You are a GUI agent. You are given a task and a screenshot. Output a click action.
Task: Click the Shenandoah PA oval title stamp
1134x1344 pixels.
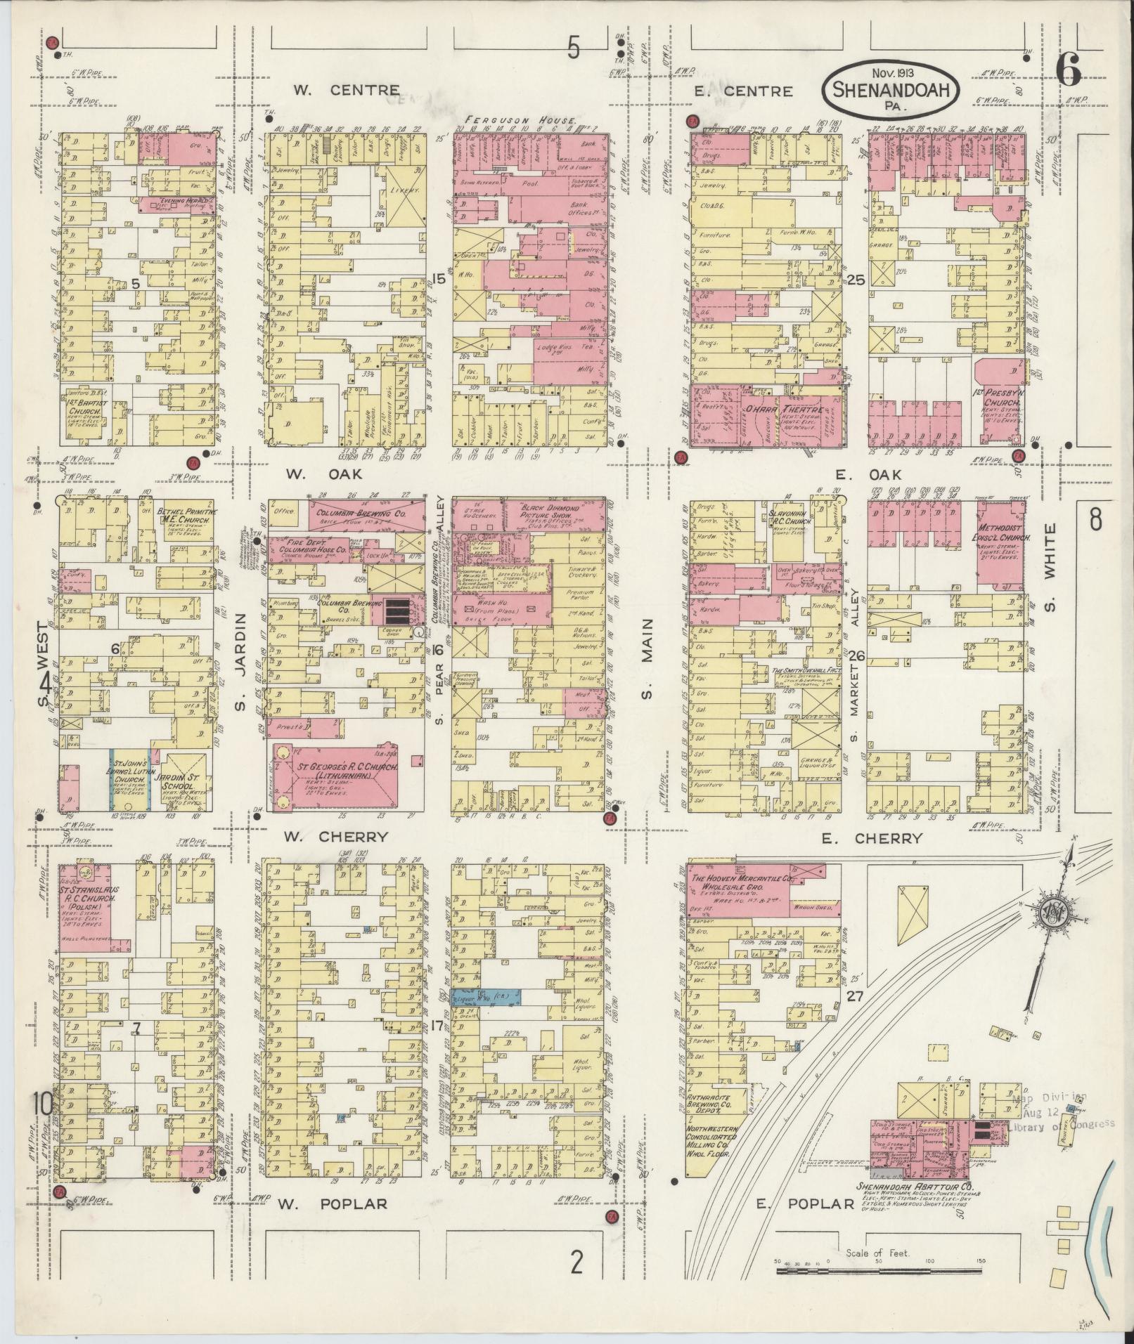890,89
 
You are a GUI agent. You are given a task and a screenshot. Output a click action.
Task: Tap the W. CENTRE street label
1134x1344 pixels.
346,90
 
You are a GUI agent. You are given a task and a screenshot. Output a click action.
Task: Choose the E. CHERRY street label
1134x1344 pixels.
878,838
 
